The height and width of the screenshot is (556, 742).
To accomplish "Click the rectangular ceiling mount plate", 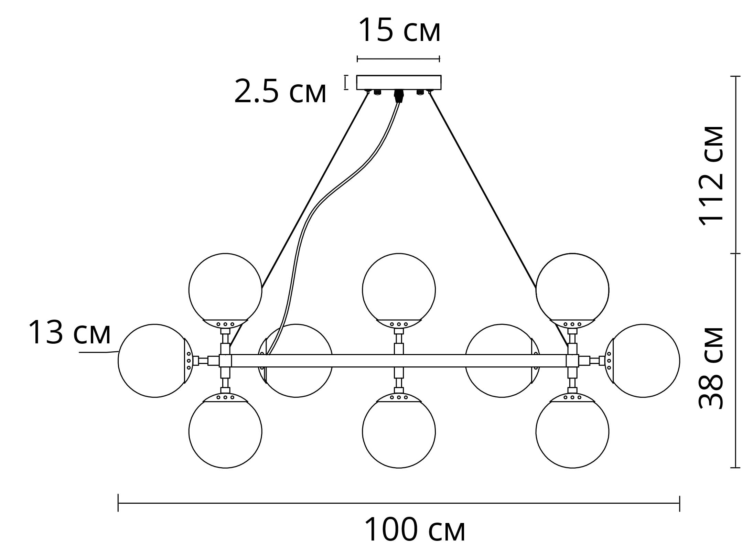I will tap(399, 82).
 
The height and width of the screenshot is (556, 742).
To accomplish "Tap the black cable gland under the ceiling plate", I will tap(399, 96).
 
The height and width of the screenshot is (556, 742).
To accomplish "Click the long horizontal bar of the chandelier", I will tap(399, 361).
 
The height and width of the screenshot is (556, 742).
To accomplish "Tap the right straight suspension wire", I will tap(482, 189).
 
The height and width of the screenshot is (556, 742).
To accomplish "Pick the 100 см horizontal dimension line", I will tap(399, 503).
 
